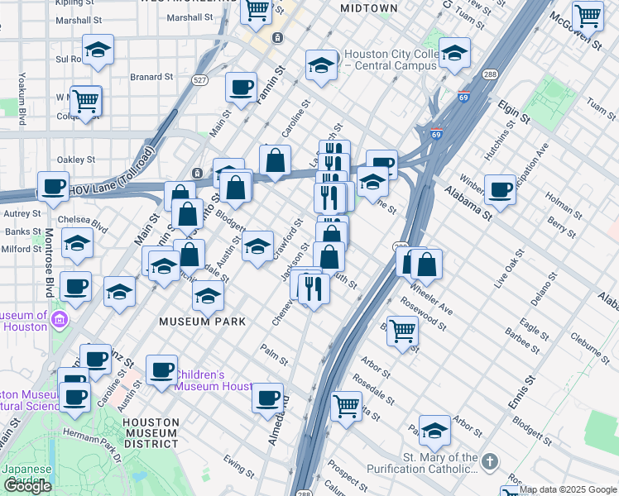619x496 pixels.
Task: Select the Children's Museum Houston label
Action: click(x=212, y=380)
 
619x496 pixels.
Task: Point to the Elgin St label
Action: click(x=514, y=110)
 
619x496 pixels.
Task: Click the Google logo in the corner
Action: click(x=27, y=486)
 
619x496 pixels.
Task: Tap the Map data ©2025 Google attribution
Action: click(x=568, y=489)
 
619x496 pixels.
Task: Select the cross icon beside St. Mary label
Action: click(x=490, y=460)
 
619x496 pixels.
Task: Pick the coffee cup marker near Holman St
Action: click(x=500, y=189)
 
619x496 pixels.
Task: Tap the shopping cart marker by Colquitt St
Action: click(x=85, y=101)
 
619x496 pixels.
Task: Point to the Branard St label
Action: click(x=151, y=78)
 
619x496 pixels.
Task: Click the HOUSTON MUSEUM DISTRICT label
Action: click(x=151, y=432)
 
